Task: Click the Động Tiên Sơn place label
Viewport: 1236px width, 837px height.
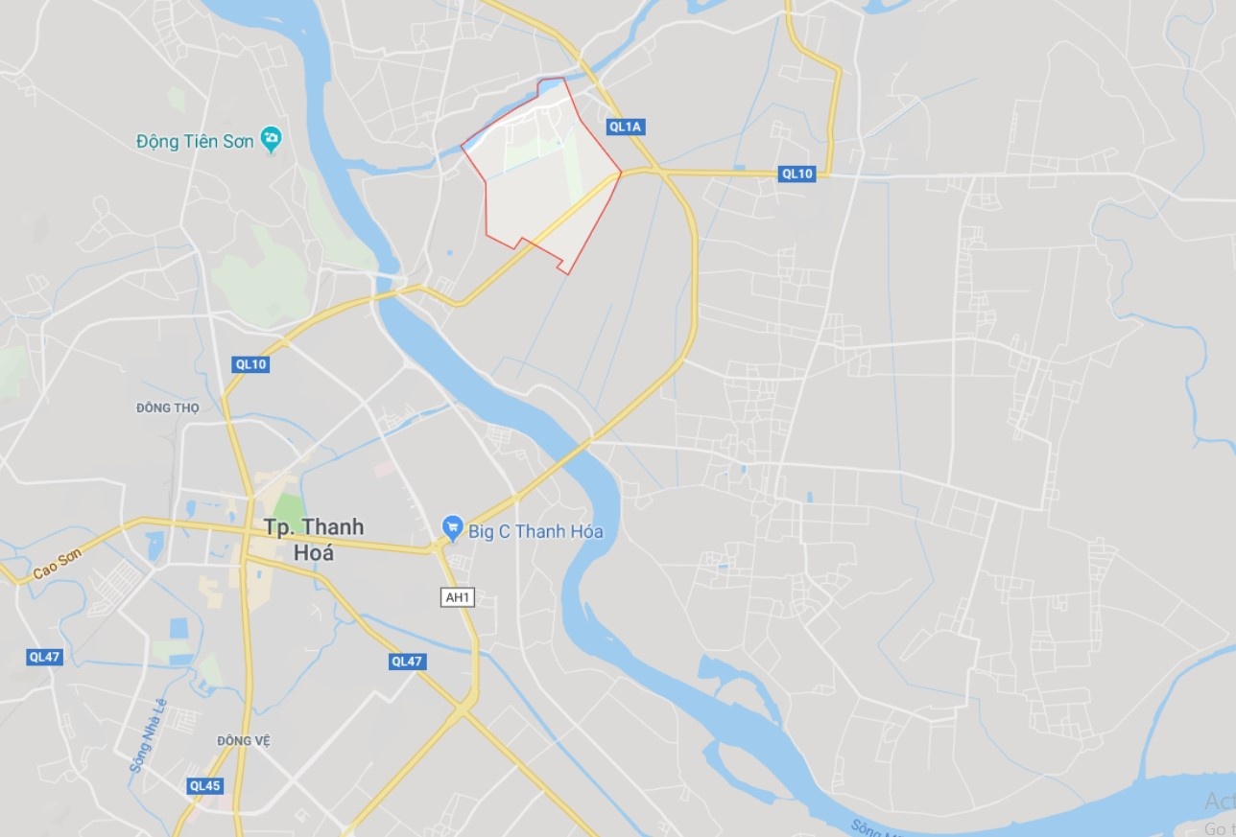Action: (x=195, y=141)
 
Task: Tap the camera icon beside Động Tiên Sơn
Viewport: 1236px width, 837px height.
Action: (x=272, y=140)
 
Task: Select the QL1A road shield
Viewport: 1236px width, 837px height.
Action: (x=624, y=127)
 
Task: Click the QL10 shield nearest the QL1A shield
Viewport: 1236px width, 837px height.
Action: (x=797, y=174)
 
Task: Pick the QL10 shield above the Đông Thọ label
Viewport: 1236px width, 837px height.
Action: (x=251, y=364)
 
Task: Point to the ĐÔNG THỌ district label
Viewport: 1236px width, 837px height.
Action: (x=168, y=407)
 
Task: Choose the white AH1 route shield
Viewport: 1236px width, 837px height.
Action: (x=458, y=597)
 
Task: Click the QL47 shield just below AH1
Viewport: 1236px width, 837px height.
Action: (x=407, y=662)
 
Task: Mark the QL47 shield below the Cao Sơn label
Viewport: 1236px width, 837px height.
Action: (x=45, y=657)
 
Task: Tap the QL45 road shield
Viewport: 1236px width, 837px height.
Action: (x=205, y=786)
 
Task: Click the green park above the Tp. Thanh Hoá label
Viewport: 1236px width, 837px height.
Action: (x=287, y=508)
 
